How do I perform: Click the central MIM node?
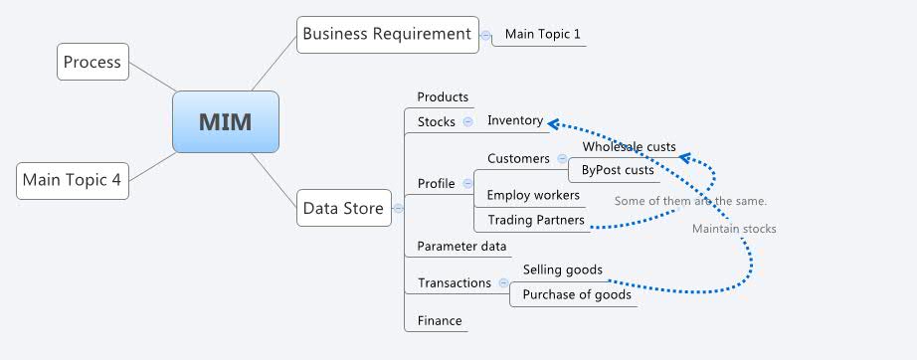[226, 122]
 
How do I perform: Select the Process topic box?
[92, 62]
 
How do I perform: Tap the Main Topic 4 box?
[73, 180]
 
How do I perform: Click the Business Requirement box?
[387, 34]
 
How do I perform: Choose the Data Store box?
[343, 208]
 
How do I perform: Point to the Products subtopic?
[443, 96]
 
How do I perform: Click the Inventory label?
[515, 120]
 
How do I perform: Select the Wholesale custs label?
[629, 147]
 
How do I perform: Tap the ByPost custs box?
[618, 170]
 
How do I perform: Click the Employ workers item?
[533, 195]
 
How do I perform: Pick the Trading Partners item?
[535, 220]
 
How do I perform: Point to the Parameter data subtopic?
[461, 246]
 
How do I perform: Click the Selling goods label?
[562, 270]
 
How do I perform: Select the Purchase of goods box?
[576, 294]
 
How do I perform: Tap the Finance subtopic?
[439, 320]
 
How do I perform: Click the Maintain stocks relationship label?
[734, 229]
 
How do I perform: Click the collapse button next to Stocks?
[468, 121]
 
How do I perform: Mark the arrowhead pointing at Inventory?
[553, 122]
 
